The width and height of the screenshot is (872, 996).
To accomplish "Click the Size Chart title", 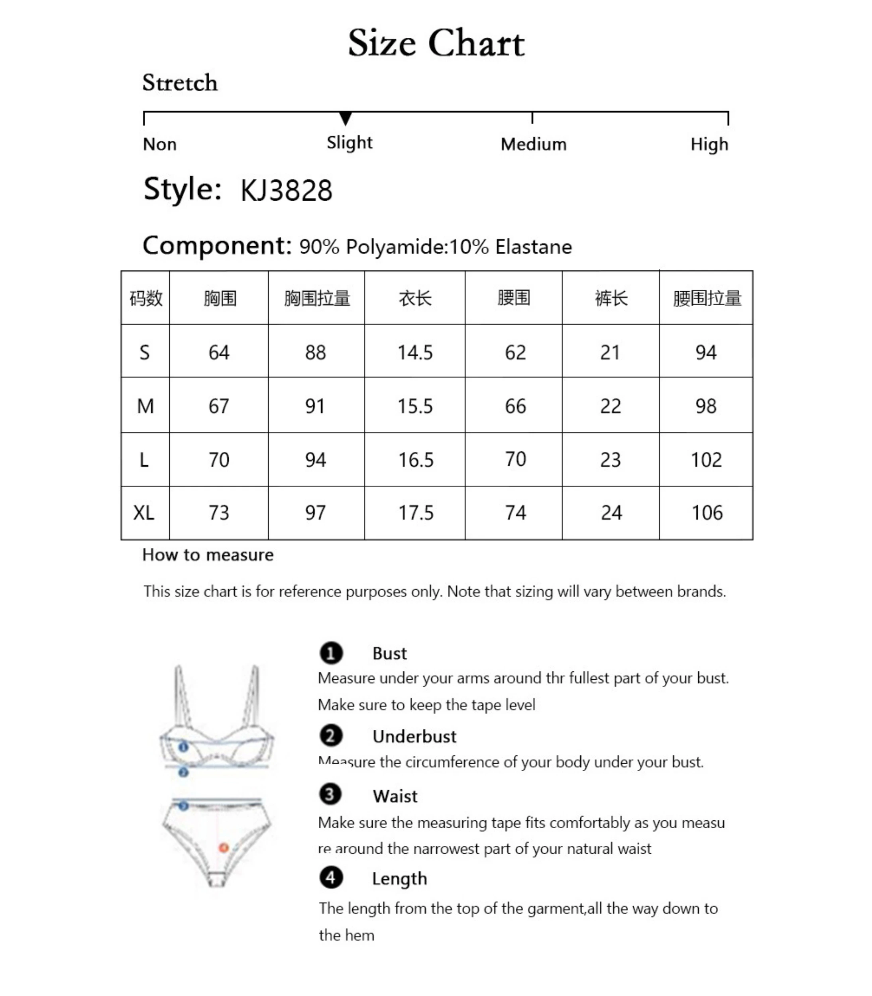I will pos(436,43).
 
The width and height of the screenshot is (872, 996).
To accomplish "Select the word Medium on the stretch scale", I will pos(533,145).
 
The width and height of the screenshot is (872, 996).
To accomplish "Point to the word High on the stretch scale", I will pos(709,145).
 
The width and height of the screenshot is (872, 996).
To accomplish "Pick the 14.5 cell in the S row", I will pos(415,353).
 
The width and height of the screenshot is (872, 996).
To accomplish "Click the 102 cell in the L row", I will pos(706,460).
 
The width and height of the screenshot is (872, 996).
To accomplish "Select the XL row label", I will pos(144,513).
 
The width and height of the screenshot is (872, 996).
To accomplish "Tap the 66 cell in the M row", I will pos(515,406).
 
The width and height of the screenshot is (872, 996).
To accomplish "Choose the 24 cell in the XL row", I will pos(611,513).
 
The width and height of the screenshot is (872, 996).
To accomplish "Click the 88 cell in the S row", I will pos(315,353).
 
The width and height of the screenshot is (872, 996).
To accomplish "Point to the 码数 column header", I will pos(145,298).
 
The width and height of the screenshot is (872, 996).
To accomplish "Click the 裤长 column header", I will pos(611,298).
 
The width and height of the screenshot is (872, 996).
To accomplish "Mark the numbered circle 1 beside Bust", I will pos(331,653).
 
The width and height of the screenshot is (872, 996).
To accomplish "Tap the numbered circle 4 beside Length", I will pos(331,878).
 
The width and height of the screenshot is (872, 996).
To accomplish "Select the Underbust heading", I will pos(414,737).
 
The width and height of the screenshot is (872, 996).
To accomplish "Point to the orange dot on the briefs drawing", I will pos(223,848).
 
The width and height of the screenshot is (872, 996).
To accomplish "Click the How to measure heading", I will pos(208,555).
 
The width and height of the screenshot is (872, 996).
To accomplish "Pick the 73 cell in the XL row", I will pos(218,513).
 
